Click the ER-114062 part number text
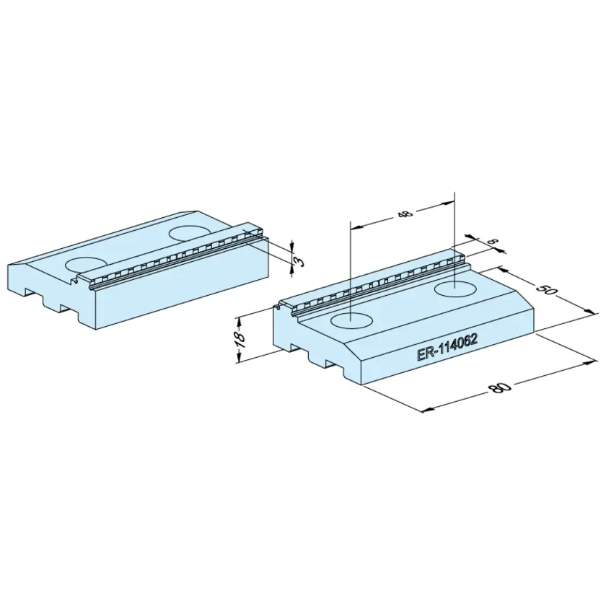[x=447, y=348]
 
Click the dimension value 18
[x=240, y=338]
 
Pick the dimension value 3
[x=299, y=262]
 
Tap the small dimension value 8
[x=493, y=242]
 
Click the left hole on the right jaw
[x=352, y=321]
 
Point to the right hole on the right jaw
[x=455, y=289]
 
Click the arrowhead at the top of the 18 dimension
[x=240, y=321]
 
